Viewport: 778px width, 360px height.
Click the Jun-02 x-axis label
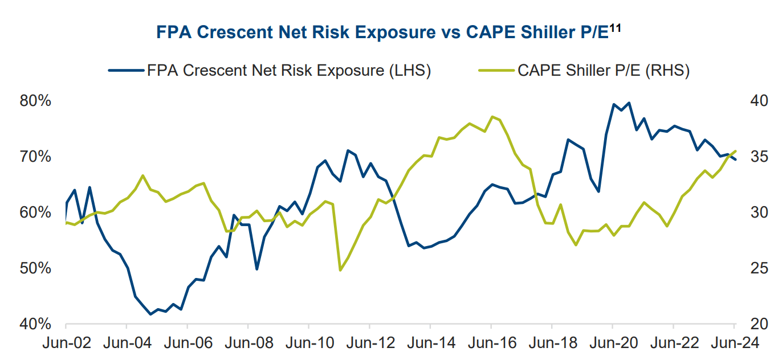pyautogui.click(x=66, y=344)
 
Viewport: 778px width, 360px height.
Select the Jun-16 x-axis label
pyautogui.click(x=491, y=344)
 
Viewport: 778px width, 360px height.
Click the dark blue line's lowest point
pyautogui.click(x=150, y=314)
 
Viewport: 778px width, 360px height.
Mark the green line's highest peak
pyautogui.click(x=492, y=117)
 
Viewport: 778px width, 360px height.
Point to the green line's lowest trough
pyautogui.click(x=340, y=270)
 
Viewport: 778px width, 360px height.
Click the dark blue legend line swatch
pyautogui.click(x=125, y=71)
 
